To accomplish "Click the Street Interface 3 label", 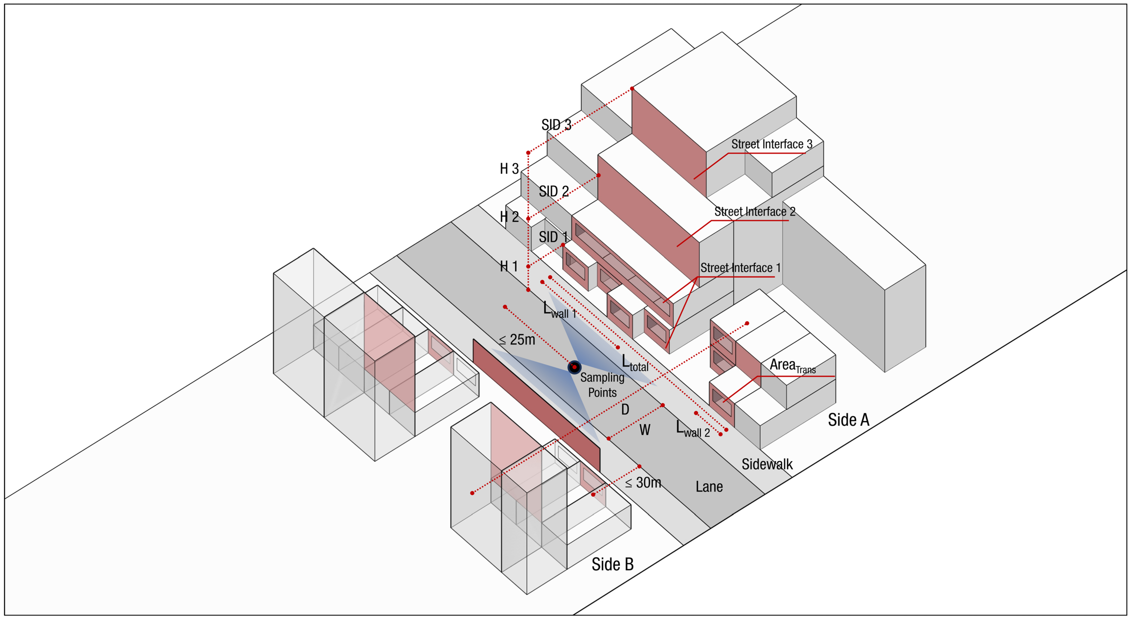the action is [772, 144].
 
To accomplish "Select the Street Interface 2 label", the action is [754, 212].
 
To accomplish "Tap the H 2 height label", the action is [509, 217].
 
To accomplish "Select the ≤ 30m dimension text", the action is [643, 483].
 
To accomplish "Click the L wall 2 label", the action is [693, 429].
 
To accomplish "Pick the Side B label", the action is [613, 564].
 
